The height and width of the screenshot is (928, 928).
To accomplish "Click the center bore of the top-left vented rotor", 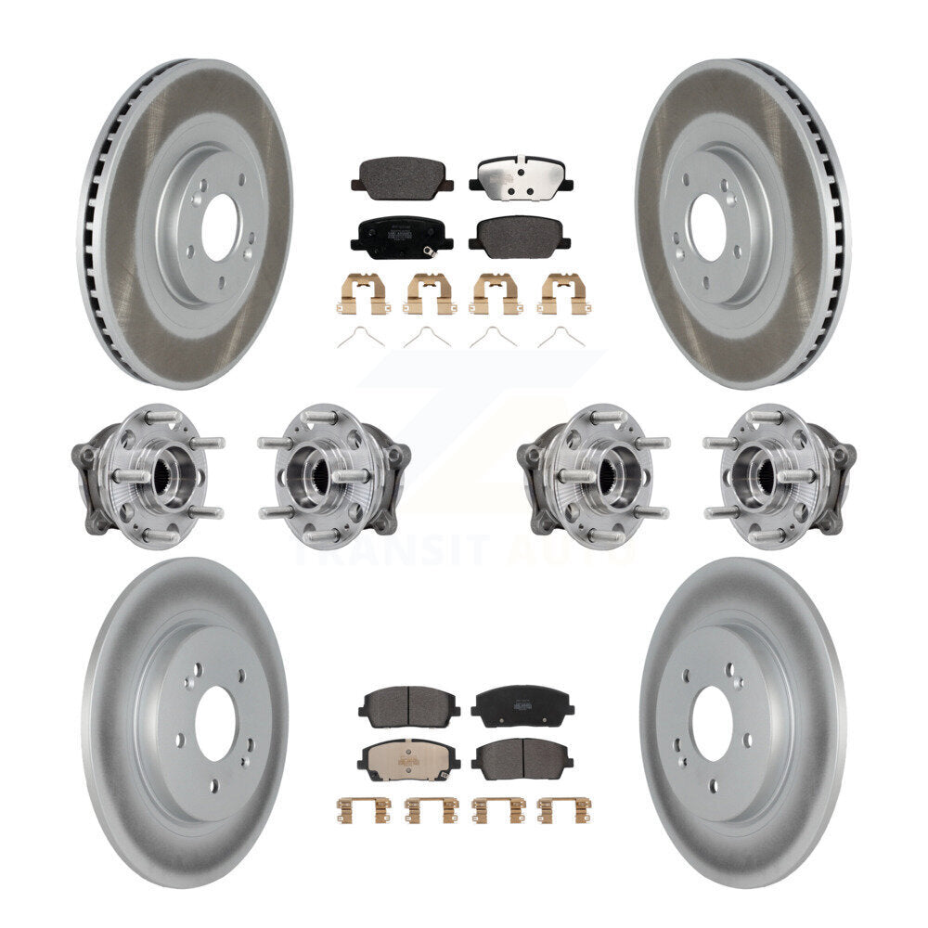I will click(220, 226).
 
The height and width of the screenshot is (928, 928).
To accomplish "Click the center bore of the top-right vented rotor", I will click(707, 226).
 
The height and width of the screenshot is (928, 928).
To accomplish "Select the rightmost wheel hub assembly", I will click(780, 475).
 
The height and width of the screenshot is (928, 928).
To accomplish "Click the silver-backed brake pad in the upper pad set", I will click(520, 174).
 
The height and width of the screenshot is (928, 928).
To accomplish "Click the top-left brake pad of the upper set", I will click(401, 174).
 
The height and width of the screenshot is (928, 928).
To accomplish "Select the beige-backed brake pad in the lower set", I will click(408, 758).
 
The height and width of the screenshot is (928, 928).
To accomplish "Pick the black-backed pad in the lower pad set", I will click(522, 705).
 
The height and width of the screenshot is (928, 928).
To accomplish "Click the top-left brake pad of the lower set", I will click(408, 705).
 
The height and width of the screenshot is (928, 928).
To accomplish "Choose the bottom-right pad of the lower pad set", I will click(522, 758).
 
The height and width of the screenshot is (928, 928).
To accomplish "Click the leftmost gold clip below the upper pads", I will click(362, 293).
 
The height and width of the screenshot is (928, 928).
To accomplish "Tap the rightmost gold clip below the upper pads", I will click(561, 293).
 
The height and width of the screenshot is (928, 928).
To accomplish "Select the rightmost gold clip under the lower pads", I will click(565, 809).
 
